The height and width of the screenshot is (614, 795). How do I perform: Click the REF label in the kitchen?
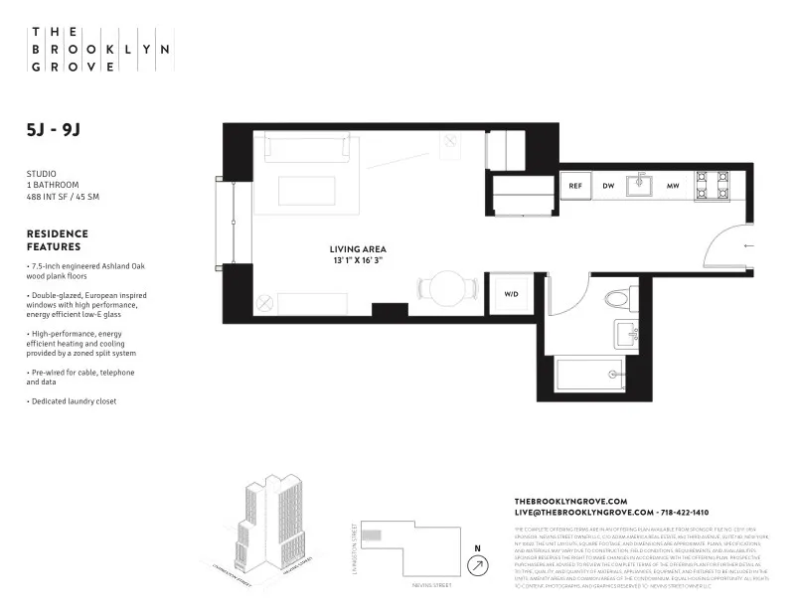[x=574, y=186]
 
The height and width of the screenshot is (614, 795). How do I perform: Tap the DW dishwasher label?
[x=608, y=186]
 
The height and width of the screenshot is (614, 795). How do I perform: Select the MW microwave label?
[x=673, y=186]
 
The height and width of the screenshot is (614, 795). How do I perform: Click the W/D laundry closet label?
[x=512, y=294]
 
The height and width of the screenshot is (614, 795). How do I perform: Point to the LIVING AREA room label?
[x=358, y=248]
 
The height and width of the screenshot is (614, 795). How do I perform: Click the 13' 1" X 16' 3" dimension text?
[x=358, y=260]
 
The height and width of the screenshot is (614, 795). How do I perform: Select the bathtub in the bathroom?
[x=590, y=376]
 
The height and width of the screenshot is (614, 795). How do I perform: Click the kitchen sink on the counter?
[x=641, y=183]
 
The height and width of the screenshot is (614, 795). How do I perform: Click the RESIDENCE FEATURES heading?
[x=57, y=240]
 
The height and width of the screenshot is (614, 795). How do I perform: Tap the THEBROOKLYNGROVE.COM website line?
[x=570, y=501]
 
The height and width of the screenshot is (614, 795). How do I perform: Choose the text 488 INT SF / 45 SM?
[x=63, y=197]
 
